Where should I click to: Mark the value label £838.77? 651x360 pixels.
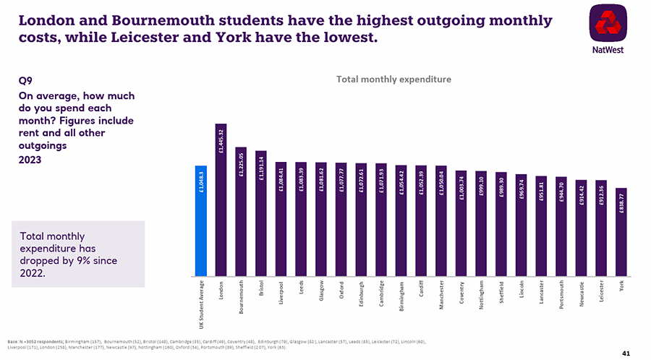click(x=621, y=202)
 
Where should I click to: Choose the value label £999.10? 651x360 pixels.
click(x=481, y=185)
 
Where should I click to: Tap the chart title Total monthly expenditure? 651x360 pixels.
click(x=393, y=79)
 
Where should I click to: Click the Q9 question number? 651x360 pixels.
click(x=25, y=82)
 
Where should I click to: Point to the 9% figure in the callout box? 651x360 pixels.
click(x=85, y=261)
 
